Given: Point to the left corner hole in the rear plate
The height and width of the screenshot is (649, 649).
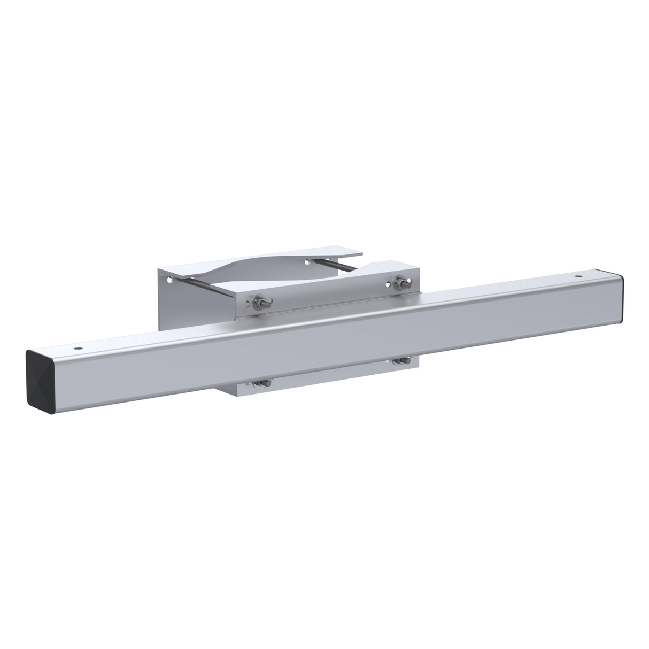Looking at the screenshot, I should (170, 279).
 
